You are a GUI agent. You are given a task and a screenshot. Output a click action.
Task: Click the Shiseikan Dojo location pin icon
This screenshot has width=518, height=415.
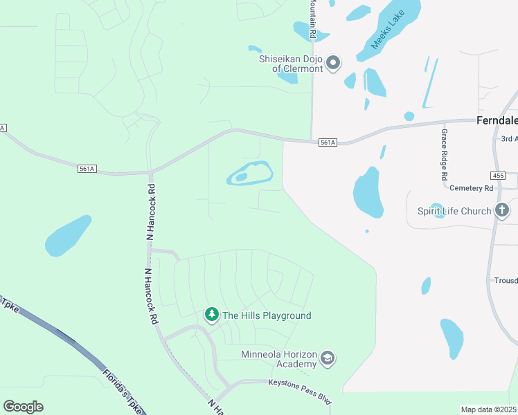(x=333, y=64)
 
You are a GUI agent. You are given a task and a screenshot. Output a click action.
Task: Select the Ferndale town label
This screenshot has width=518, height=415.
(x=497, y=120)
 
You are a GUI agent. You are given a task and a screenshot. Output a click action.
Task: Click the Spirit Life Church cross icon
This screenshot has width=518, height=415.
(x=503, y=211)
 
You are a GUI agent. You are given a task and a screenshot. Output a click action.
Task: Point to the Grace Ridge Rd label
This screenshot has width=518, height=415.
(x=444, y=154)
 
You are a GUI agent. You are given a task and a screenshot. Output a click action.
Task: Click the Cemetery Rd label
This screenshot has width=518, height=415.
(x=471, y=187)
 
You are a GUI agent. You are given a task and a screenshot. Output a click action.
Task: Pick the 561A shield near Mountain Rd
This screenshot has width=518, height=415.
(x=328, y=142)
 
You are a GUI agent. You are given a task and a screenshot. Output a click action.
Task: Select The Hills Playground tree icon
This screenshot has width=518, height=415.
(x=211, y=315)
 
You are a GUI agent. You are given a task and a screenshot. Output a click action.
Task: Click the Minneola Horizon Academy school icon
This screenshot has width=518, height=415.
(x=328, y=359)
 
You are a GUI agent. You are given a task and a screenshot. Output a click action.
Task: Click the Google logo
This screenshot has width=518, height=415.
(x=23, y=406)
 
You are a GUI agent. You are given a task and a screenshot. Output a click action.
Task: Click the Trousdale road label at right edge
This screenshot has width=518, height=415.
(x=506, y=280)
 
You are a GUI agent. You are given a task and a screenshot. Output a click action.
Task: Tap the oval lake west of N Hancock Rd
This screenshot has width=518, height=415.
(x=68, y=236)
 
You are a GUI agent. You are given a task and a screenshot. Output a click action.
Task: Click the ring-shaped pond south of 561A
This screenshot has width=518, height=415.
(x=249, y=173)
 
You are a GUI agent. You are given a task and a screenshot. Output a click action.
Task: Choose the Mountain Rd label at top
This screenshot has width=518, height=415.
(x=313, y=19)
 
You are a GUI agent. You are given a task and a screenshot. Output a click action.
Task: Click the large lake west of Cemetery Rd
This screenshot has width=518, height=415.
(x=368, y=192)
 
